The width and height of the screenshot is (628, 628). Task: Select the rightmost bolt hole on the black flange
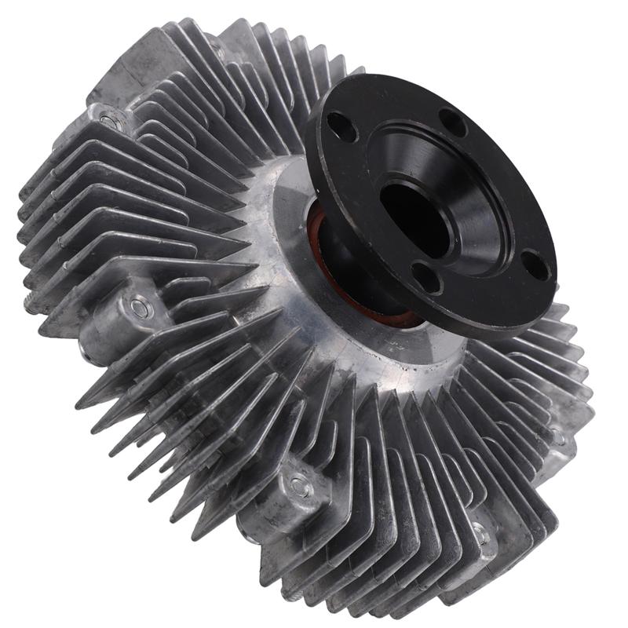coord(535,265)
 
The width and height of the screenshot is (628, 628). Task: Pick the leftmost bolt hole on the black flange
coord(341,126)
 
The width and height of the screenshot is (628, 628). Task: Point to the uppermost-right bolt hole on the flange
coord(451,120)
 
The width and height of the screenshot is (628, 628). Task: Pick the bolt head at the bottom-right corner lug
coord(480,539)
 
